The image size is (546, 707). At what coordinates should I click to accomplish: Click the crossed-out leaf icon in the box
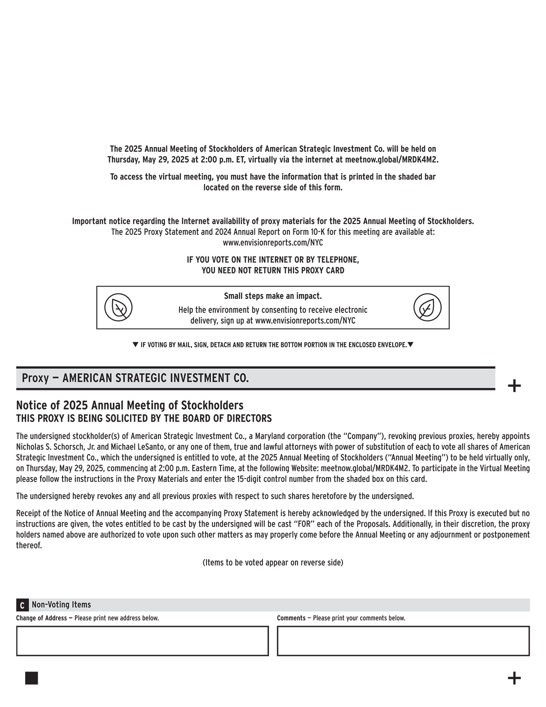coord(119,308)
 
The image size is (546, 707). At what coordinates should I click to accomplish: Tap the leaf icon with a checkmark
coord(427,308)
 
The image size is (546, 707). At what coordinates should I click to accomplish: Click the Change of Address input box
coord(142,641)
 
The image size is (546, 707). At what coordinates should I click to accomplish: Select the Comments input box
coord(403,641)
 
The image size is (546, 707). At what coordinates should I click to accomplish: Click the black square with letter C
coord(22,605)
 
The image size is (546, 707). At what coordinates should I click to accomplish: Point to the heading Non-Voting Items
coord(61,605)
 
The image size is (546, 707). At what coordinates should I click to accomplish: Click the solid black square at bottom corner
coord(31,678)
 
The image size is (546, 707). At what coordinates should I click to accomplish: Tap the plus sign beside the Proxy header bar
coord(514,386)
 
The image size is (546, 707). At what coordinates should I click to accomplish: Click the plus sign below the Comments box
coord(514,678)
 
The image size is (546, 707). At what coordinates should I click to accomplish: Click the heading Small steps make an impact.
coord(273,296)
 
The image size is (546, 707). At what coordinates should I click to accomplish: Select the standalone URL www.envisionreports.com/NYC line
coord(273,243)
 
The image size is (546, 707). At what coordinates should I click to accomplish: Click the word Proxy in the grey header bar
coord(35,378)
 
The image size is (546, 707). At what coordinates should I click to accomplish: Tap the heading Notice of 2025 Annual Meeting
coord(129,405)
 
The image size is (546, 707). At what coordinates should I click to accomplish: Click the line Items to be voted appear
coord(273,563)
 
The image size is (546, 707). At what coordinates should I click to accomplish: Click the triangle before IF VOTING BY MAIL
coord(135,345)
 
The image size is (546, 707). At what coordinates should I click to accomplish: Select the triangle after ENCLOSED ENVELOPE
coord(410,345)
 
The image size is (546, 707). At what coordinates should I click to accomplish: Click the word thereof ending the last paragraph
coord(29,545)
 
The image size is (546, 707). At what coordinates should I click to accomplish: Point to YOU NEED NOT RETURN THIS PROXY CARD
coord(273,270)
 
